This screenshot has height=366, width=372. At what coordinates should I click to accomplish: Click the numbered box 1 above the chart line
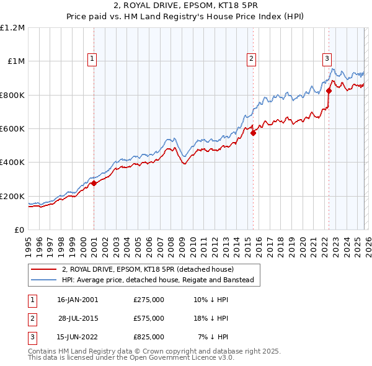92,59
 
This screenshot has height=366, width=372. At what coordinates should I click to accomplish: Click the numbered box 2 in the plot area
251,59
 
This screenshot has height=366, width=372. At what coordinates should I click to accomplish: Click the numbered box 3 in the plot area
326,59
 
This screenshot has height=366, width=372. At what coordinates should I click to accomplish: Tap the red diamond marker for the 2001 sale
94,183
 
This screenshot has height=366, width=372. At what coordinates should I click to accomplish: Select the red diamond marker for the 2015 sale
253,132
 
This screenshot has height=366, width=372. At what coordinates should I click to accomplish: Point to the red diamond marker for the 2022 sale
329,91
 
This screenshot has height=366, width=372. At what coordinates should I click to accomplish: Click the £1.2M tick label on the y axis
12,28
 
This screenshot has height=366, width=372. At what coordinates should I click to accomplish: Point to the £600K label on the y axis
12,129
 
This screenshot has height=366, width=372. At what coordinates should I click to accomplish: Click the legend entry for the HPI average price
157,280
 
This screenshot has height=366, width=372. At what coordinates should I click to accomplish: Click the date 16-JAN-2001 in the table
77,300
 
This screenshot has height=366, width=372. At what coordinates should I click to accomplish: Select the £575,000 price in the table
149,318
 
